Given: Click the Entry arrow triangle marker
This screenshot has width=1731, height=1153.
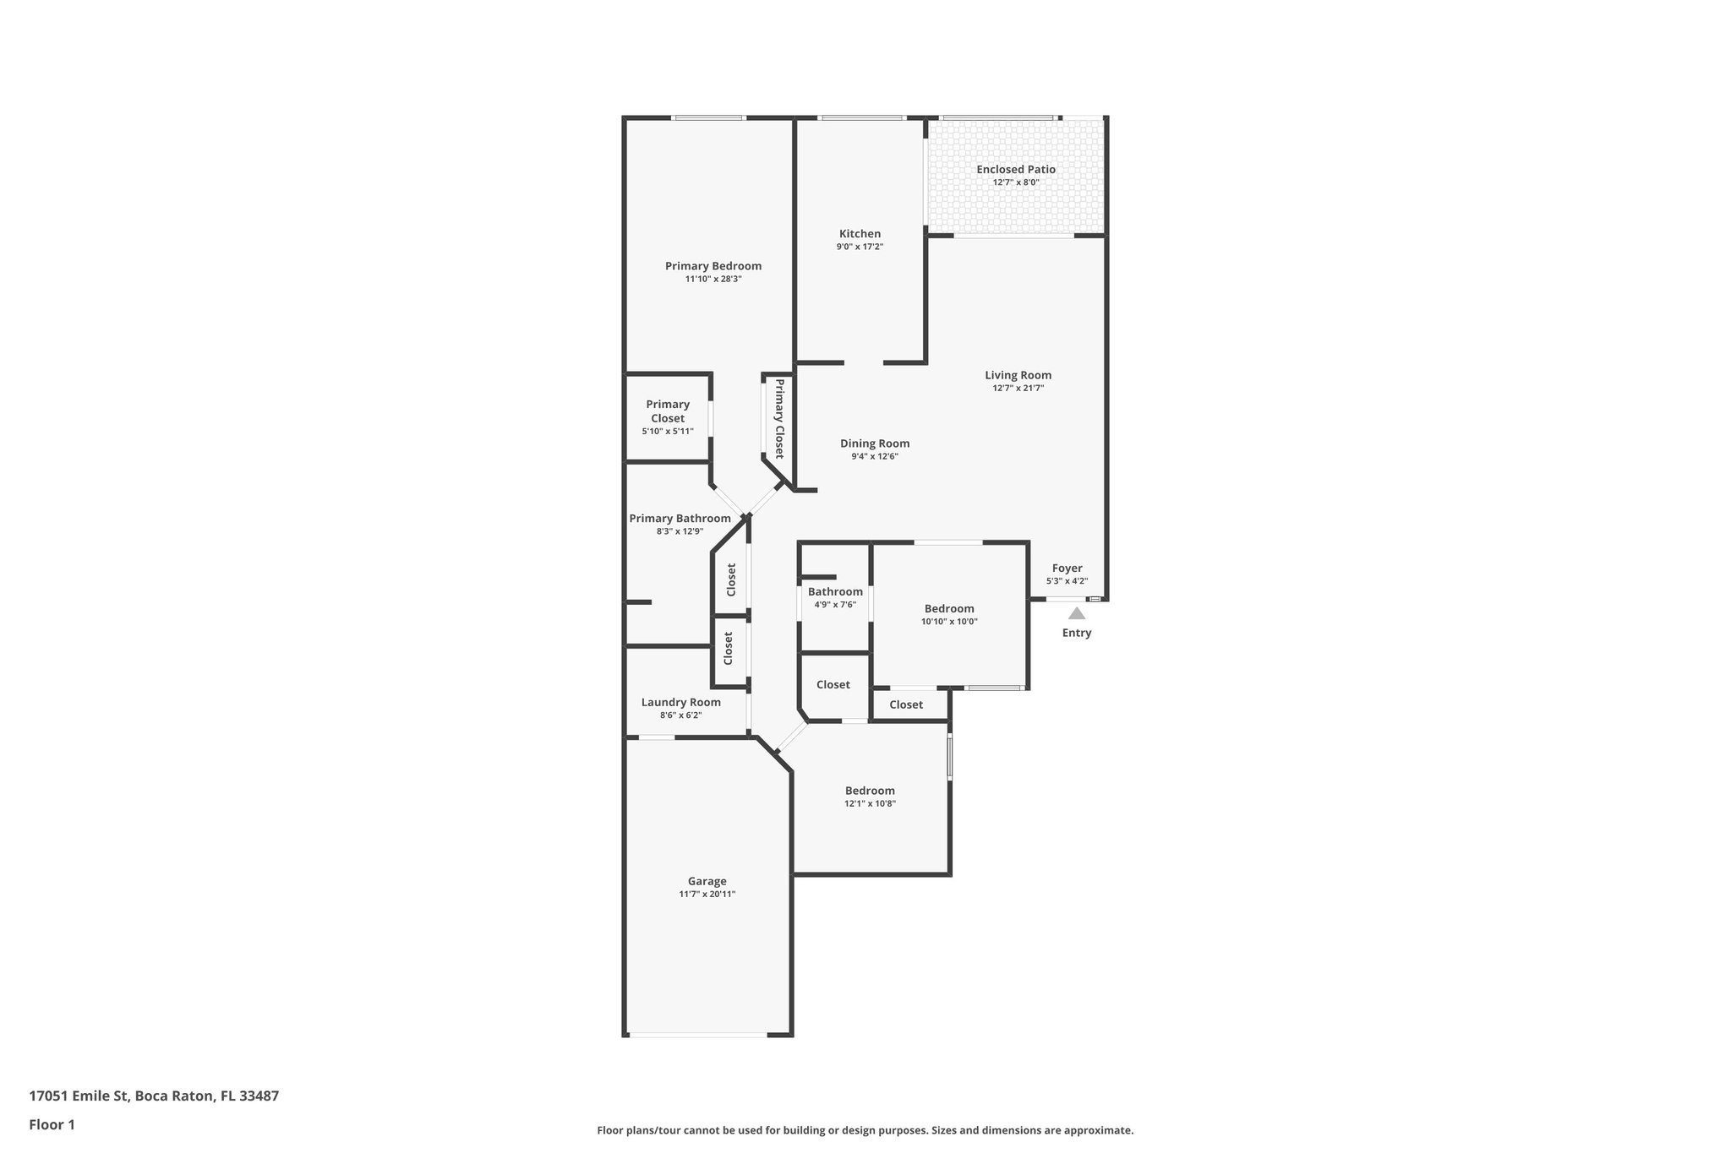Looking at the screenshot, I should (x=1076, y=613).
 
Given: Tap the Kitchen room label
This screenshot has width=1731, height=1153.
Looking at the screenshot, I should (x=860, y=234).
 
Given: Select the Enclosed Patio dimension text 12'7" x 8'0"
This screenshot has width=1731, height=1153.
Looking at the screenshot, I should (x=1016, y=182).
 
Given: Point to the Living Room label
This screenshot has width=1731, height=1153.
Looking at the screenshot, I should (x=1018, y=375).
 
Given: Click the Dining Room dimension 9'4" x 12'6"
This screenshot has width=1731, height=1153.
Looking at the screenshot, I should (x=875, y=457).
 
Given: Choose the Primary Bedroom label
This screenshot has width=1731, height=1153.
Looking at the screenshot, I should (x=713, y=266).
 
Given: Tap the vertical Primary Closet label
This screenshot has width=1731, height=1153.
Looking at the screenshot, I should (x=779, y=418).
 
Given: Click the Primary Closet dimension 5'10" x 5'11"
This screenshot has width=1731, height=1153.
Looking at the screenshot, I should (x=668, y=432).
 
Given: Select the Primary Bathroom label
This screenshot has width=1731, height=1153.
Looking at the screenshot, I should (x=680, y=519).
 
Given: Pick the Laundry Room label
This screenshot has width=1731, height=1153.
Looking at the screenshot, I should (x=680, y=702).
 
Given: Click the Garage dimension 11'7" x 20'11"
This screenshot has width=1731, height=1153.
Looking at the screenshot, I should (x=707, y=895).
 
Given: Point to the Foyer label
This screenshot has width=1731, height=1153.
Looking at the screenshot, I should (x=1067, y=568).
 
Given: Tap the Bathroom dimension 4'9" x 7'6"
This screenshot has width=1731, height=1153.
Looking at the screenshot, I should (x=835, y=605).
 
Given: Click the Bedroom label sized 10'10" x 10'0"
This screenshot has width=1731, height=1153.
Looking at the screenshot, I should (x=948, y=608).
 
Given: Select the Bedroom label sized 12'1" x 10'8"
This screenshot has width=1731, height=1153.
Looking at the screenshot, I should (x=870, y=791).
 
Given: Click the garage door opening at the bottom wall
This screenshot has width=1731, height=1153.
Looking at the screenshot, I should (x=697, y=1035).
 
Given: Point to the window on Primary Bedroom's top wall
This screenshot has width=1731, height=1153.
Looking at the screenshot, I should (x=708, y=117).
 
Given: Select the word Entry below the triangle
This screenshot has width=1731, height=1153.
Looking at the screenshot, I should (x=1076, y=633).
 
